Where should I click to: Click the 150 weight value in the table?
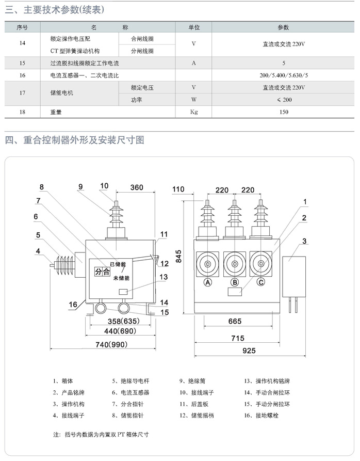[284, 112]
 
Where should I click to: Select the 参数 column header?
[283, 27]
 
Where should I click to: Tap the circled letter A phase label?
[208, 282]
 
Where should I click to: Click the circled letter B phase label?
[235, 282]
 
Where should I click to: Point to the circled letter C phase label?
[261, 282]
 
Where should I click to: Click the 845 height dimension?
[178, 257]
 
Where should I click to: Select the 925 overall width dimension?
[249, 351]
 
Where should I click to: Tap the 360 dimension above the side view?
[137, 187]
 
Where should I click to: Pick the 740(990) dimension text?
[111, 344]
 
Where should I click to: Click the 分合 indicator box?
[102, 272]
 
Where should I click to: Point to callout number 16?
[73, 305]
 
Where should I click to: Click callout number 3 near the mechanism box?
[304, 241]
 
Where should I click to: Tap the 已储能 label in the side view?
[118, 264]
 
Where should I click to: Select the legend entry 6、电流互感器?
[130, 392]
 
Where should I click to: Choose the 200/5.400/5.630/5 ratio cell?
[284, 75]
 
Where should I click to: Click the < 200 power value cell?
[284, 100]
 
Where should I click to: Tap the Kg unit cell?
[194, 112]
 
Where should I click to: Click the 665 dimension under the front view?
[235, 321]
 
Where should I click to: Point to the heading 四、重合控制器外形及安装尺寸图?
[75, 140]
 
